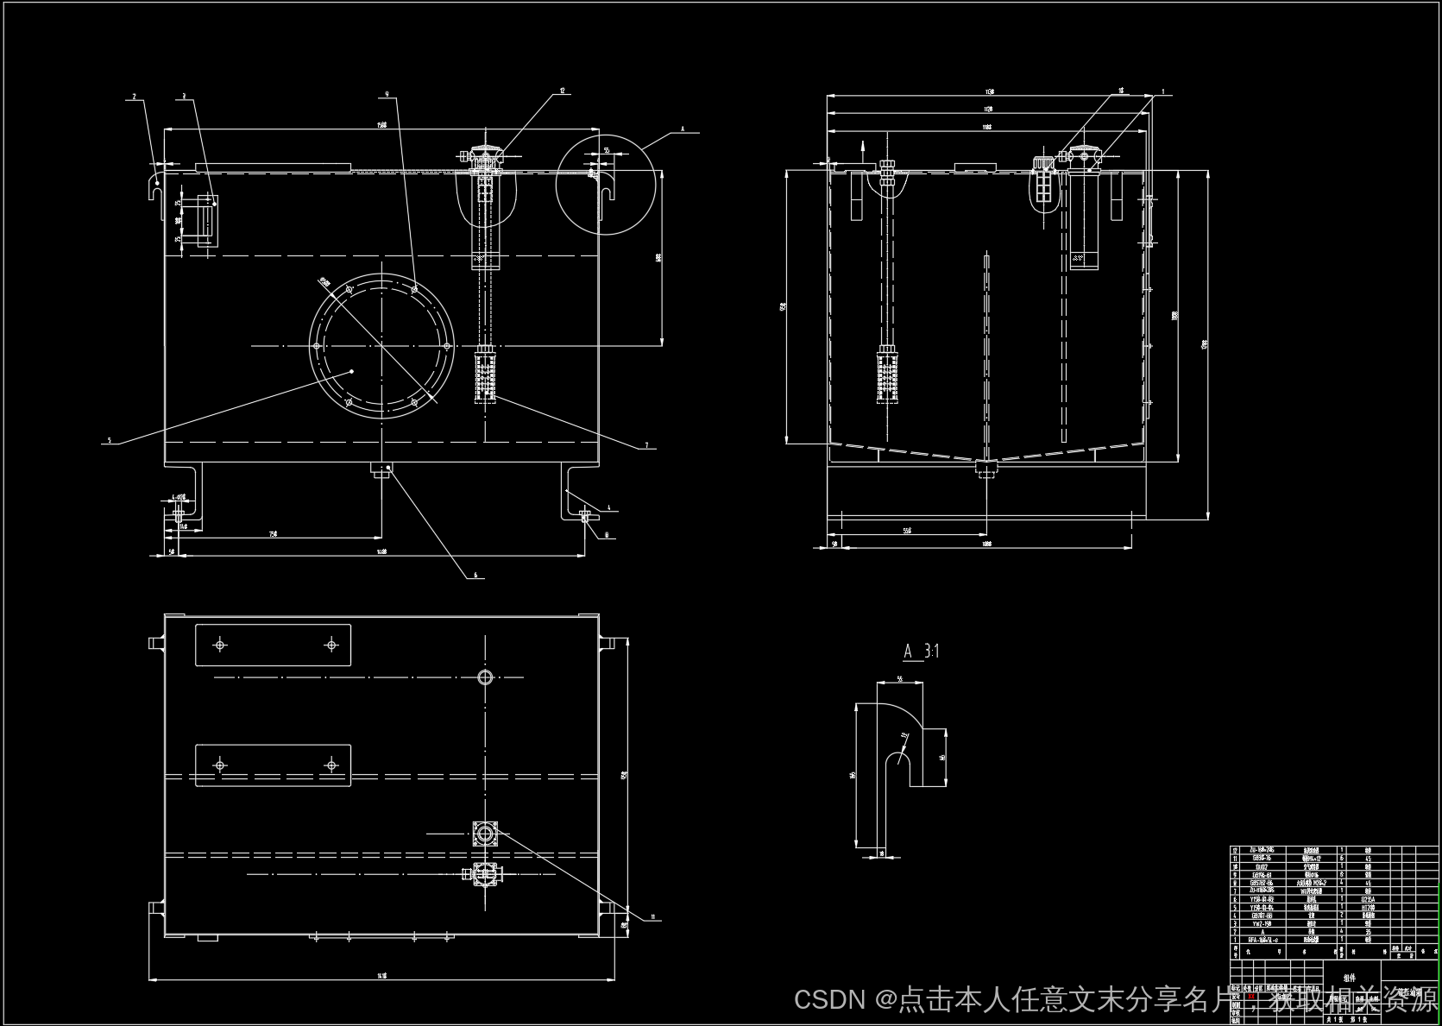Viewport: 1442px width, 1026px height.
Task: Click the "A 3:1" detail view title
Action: [921, 651]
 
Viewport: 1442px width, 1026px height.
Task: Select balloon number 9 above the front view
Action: [387, 92]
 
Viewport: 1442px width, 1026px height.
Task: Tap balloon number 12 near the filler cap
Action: [562, 90]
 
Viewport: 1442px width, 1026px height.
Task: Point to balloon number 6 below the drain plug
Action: [475, 575]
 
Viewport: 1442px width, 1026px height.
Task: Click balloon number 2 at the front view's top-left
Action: [135, 96]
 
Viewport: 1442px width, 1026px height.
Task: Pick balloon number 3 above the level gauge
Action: [183, 96]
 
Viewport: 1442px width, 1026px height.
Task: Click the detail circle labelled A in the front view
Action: [606, 184]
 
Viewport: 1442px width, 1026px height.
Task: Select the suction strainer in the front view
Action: [486, 373]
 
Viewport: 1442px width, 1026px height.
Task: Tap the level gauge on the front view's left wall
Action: [207, 220]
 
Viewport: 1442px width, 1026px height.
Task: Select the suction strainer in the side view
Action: [887, 374]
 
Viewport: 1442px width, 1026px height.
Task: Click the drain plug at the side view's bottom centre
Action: [986, 468]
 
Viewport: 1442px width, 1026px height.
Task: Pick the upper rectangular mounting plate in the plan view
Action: [273, 645]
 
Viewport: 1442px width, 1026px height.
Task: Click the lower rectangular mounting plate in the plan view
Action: [273, 765]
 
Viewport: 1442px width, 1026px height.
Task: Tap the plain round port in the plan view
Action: [485, 677]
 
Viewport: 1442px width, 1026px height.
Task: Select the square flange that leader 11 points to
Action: [486, 834]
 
